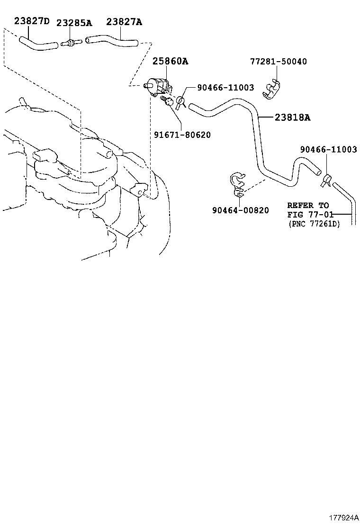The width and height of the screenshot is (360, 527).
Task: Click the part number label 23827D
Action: pos(32,21)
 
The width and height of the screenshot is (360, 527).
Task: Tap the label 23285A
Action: pos(74,23)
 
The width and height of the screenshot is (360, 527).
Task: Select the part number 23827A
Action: pos(124,22)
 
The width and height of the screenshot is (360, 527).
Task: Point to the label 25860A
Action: pos(170,61)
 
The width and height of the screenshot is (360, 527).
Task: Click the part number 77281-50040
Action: pos(279,62)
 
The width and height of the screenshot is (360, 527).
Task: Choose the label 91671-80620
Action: pos(182,135)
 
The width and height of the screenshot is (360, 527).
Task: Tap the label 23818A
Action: pos(293,118)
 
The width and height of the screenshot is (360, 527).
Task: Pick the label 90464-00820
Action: pos(241,210)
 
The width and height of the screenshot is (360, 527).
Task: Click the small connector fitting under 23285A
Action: pos(71,43)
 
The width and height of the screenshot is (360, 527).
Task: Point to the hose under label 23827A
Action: pos(112,42)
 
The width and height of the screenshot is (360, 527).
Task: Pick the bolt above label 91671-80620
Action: pos(167,101)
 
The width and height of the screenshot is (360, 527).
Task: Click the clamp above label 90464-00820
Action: pos(237,185)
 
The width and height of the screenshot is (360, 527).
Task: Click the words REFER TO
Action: pos(308,205)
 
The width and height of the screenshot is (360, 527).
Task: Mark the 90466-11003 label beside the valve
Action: pos(225,88)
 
